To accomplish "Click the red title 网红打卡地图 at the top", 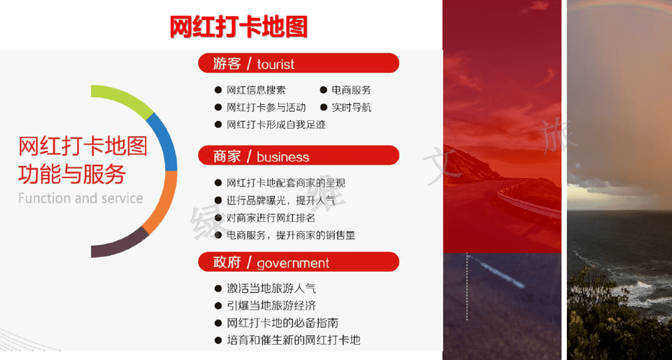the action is (x=239, y=27).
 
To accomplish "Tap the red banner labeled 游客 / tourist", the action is (x=298, y=63).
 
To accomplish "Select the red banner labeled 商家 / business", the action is (x=298, y=156).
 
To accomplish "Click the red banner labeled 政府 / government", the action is (x=298, y=262).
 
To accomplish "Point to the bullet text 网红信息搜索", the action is (x=256, y=90).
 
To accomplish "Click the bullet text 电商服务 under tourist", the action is (x=352, y=90).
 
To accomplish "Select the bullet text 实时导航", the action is (x=352, y=108).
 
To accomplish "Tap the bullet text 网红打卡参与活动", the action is (x=266, y=108).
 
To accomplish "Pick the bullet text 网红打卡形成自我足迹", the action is (x=276, y=125).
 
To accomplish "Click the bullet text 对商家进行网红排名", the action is (x=271, y=218).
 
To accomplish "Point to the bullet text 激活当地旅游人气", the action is (x=271, y=288).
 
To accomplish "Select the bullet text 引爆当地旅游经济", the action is (x=271, y=306).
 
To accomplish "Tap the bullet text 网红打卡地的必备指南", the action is (x=282, y=323).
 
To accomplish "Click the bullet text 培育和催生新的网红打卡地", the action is (x=294, y=340).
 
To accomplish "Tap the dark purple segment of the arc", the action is (x=122, y=245).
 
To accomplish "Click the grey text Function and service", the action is (x=80, y=198).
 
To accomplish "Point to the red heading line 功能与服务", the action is (x=72, y=174).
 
